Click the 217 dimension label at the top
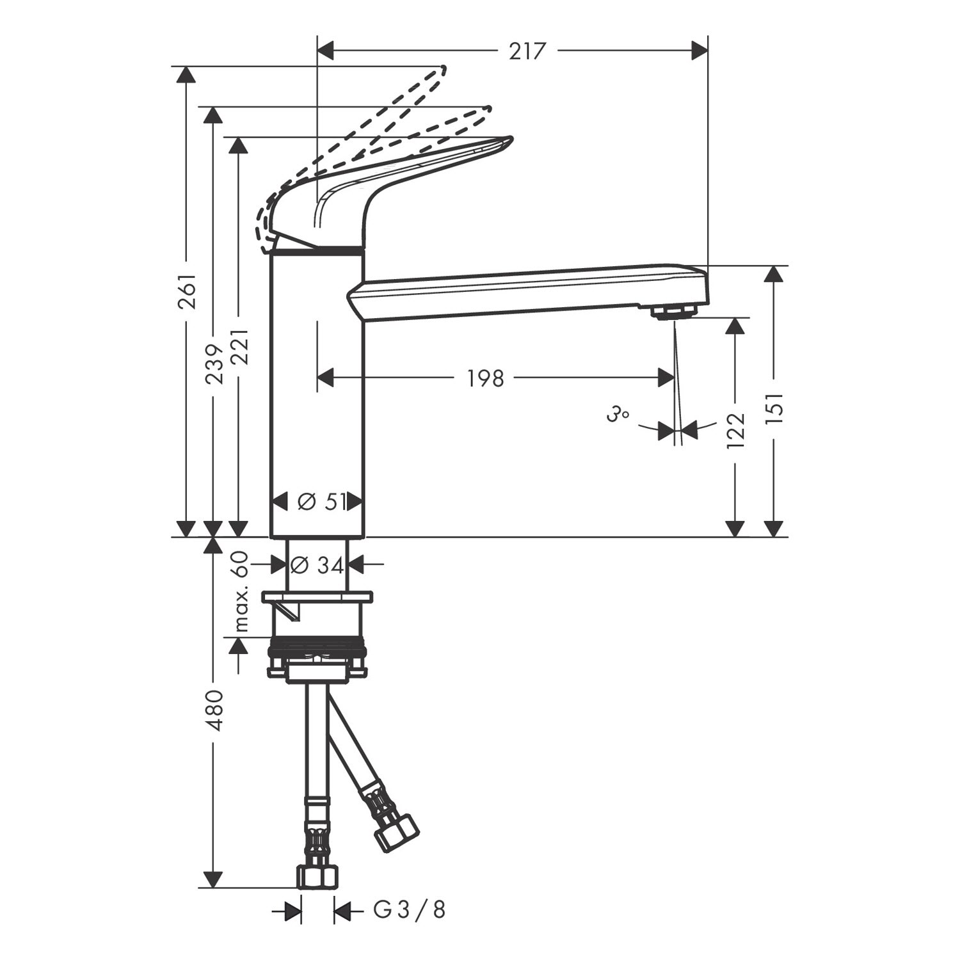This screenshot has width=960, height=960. (x=529, y=51)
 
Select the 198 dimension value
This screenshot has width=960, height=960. (x=485, y=378)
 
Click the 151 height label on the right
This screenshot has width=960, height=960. (x=774, y=409)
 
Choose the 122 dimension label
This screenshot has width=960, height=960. (x=736, y=430)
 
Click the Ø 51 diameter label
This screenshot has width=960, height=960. (x=318, y=502)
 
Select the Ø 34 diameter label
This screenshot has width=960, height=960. (x=317, y=564)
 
